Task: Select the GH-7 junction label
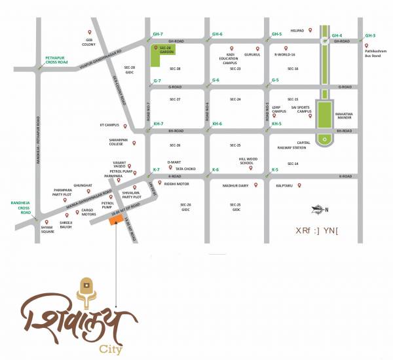pyautogui.click(x=157, y=33)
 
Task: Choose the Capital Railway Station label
pyautogui.click(x=303, y=145)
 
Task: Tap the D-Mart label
pyautogui.click(x=173, y=161)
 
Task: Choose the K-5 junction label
pyautogui.click(x=276, y=170)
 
